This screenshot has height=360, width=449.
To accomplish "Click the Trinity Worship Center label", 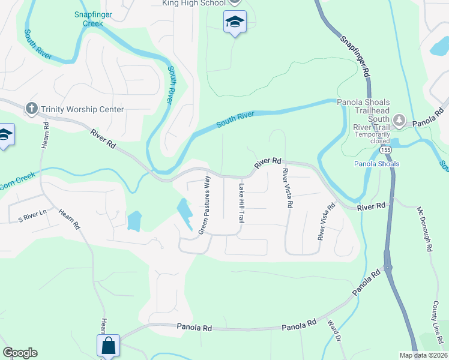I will pos(82,109).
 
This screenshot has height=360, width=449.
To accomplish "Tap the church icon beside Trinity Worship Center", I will pos(32,109).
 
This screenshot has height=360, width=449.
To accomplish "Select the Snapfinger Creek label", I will pos(89,19).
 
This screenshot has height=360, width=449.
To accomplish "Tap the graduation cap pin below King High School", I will pos(235,23).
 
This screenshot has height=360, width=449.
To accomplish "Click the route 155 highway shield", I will pos(387,150).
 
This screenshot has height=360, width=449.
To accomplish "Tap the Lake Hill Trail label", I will pos(241,204).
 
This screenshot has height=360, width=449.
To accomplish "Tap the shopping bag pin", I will pos(108,346).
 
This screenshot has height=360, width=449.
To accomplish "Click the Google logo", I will pos(20,353).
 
